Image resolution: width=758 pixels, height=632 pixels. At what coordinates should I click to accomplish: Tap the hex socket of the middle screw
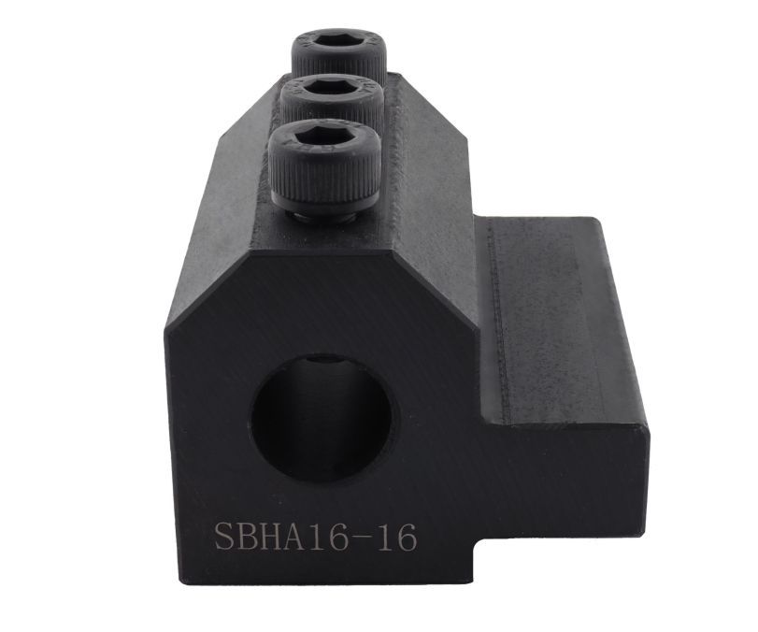pyautogui.click(x=332, y=90)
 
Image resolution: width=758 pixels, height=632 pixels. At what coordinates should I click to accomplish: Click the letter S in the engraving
pyautogui.click(x=226, y=537)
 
